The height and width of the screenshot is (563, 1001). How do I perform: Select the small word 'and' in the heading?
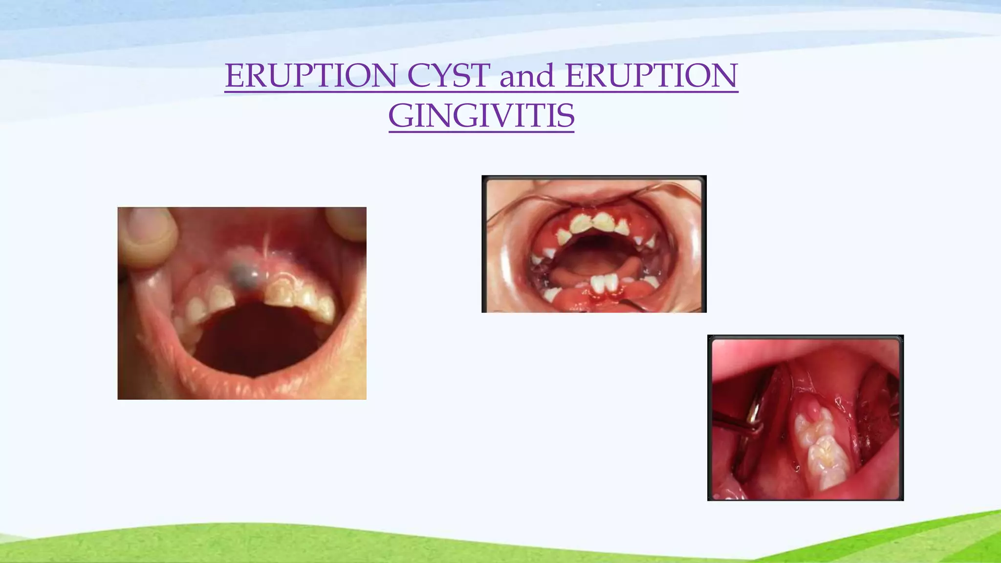(526, 77)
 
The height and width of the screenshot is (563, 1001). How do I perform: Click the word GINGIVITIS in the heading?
(481, 116)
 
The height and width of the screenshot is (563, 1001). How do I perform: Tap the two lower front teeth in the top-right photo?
(604, 283)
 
